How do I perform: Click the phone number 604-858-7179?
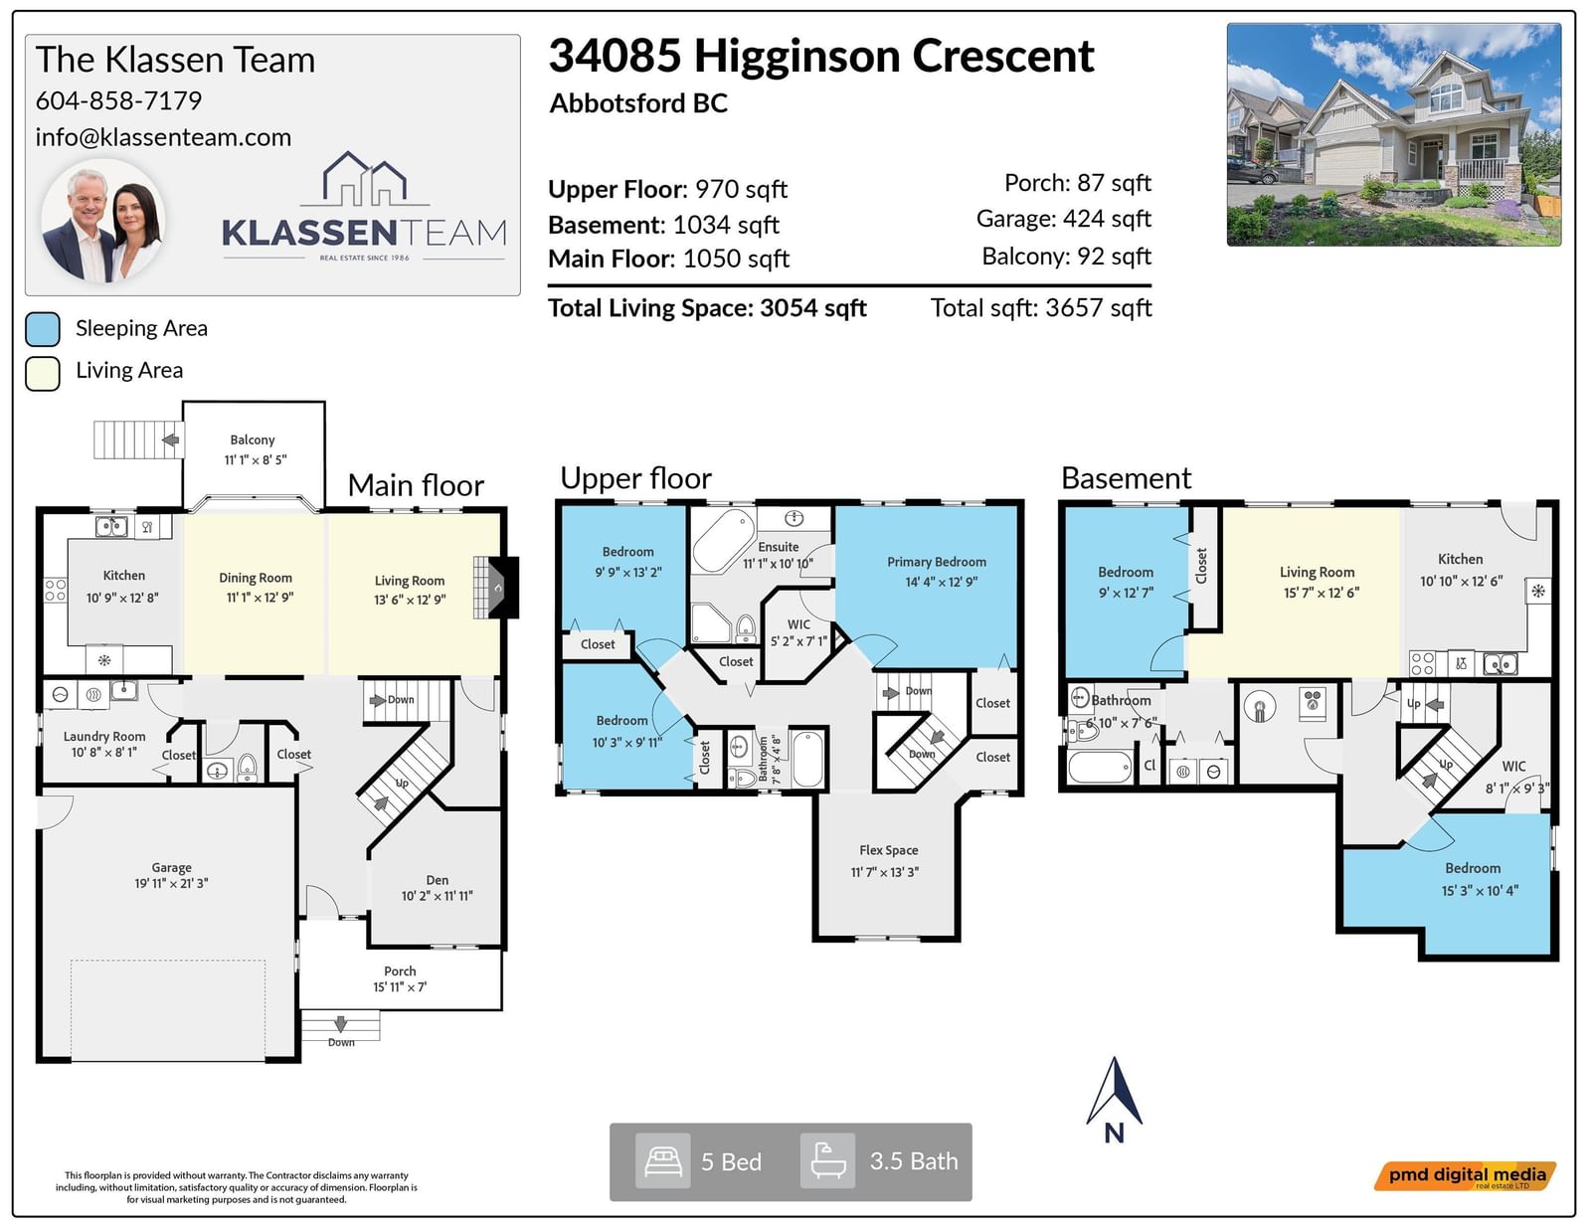click(x=118, y=100)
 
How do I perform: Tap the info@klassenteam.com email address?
click(x=163, y=137)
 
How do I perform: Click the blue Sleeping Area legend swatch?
click(x=43, y=329)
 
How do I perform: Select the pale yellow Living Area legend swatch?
click(x=43, y=374)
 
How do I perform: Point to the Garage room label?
click(x=171, y=868)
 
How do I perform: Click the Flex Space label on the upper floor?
click(x=888, y=850)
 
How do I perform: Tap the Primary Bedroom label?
click(x=937, y=562)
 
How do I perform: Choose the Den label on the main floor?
click(x=438, y=880)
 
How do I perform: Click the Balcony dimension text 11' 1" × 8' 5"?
click(x=256, y=459)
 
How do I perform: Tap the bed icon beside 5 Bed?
click(x=662, y=1161)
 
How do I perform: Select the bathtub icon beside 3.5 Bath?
click(x=827, y=1161)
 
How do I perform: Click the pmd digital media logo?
click(x=1465, y=1176)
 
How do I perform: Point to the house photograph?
click(x=1394, y=134)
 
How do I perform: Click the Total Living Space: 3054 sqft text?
click(x=707, y=308)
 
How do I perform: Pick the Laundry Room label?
click(x=104, y=737)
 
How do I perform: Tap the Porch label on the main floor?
click(x=400, y=971)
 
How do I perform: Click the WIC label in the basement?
click(x=1514, y=767)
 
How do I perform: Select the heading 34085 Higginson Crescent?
click(x=821, y=56)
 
